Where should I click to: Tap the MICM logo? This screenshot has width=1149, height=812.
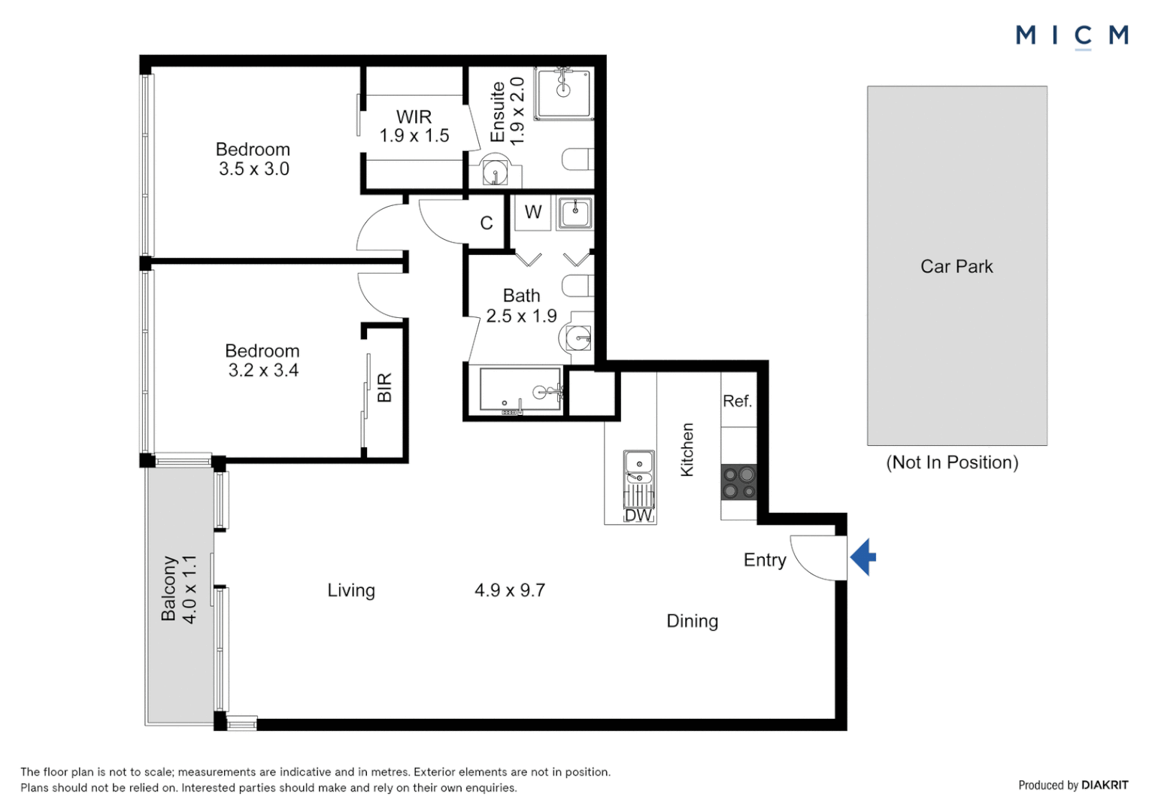(x=1071, y=35)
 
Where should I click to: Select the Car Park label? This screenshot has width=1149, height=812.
(x=956, y=267)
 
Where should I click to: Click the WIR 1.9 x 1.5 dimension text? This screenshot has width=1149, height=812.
(x=414, y=135)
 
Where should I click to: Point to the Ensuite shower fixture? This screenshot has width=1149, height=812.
(x=563, y=92)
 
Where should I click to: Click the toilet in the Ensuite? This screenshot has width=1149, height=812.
(x=578, y=159)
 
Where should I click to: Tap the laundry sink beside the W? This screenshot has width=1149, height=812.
(x=575, y=213)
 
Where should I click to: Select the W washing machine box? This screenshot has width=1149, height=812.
(x=533, y=212)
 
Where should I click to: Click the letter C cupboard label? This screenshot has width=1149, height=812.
(x=487, y=223)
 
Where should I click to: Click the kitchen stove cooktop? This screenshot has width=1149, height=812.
(x=738, y=482)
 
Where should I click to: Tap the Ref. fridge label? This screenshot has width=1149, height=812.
(x=737, y=401)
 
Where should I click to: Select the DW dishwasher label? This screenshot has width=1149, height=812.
(x=638, y=516)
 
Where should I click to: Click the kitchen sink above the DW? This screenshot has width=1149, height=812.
(x=638, y=467)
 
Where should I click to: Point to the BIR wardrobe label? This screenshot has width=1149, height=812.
(x=384, y=388)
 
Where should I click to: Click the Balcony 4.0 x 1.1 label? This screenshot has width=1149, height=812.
(x=179, y=589)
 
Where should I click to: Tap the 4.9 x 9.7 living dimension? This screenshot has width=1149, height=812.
(x=509, y=590)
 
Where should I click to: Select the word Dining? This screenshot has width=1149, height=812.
(x=692, y=621)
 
